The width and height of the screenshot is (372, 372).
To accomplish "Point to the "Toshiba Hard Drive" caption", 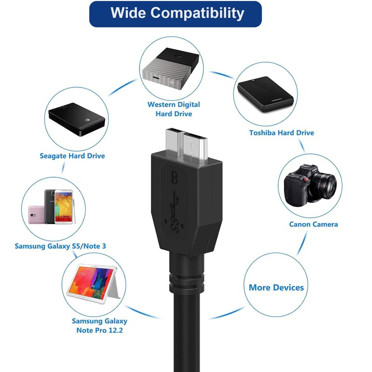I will click(x=281, y=133).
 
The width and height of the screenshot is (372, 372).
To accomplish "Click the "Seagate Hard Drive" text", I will click(x=72, y=156).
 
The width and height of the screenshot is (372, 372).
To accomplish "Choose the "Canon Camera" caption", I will click(x=313, y=224).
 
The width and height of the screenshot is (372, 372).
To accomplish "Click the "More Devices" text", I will click(x=276, y=287).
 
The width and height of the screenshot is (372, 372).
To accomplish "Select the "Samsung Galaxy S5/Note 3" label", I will click(x=60, y=246).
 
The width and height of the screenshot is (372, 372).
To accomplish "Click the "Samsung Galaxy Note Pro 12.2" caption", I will click(x=100, y=325).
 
